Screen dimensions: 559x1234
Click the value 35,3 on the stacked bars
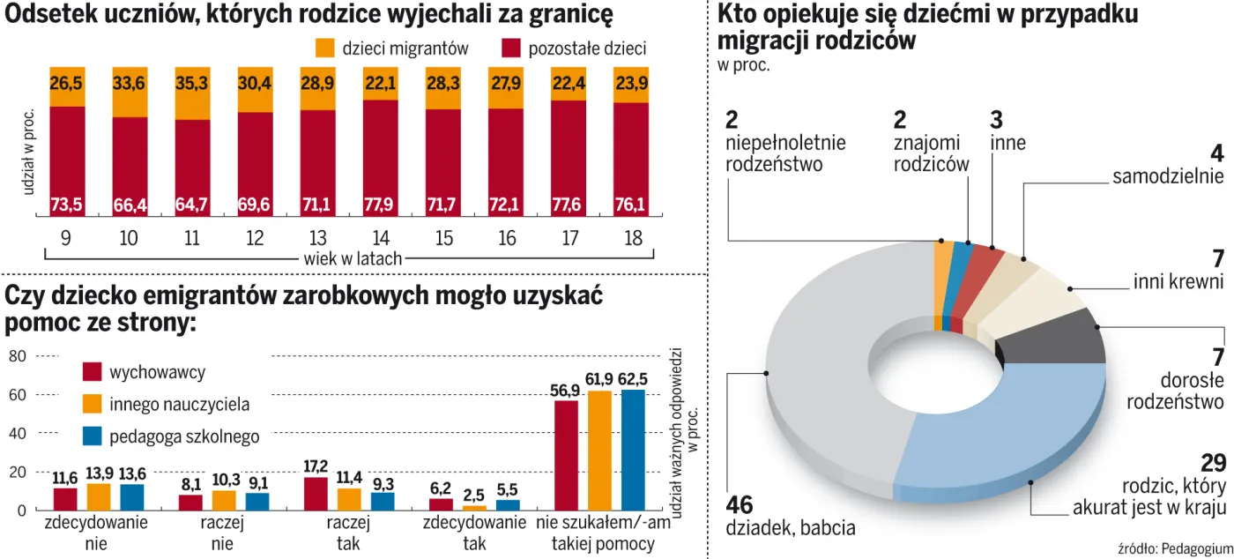click(x=192, y=84)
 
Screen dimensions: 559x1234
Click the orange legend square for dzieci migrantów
click(x=325, y=49)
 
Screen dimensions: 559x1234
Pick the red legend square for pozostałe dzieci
click(x=510, y=49)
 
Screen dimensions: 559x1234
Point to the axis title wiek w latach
click(x=353, y=258)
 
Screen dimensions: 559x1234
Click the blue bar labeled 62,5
click(x=633, y=450)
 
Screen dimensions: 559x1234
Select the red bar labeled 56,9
click(x=566, y=455)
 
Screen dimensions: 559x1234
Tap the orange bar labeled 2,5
click(x=474, y=507)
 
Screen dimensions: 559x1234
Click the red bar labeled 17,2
click(x=316, y=494)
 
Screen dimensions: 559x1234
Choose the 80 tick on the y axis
click(x=18, y=356)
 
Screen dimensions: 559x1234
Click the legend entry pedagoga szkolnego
click(x=184, y=436)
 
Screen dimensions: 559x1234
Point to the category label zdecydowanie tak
click(x=474, y=533)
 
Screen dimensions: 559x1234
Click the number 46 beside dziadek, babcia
click(x=741, y=506)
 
